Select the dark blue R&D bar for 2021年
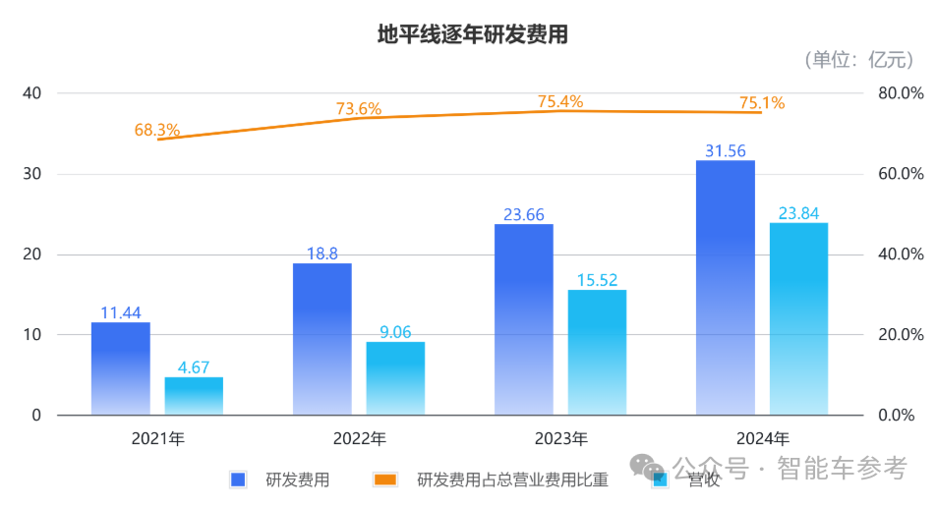(120, 368)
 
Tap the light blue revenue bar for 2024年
(798, 319)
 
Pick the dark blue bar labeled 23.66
(523, 319)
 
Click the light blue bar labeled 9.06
(395, 378)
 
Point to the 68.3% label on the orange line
(157, 129)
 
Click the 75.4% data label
(560, 101)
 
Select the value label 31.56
(726, 150)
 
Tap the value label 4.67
(194, 367)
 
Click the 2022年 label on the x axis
(359, 438)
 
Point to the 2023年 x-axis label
(560, 438)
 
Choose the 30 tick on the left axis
(32, 174)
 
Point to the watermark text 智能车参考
(842, 468)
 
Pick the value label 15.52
(597, 280)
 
